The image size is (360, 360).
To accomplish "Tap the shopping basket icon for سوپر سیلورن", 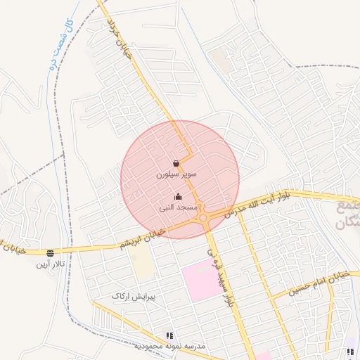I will [176, 164].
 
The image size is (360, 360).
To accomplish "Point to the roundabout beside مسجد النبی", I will [204, 218].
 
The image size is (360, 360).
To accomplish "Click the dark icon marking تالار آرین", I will [50, 253].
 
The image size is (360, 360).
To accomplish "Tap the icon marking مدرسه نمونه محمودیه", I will [169, 336].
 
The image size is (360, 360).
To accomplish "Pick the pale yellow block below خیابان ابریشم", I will [143, 263].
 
